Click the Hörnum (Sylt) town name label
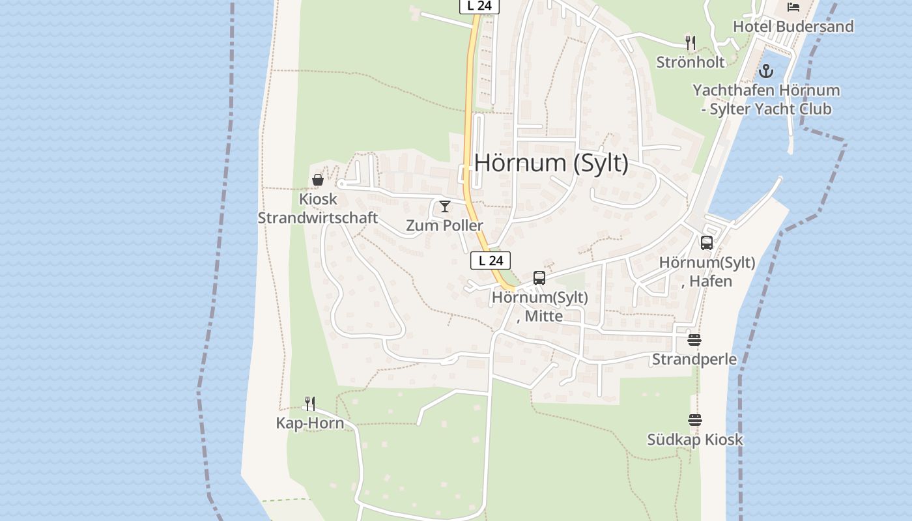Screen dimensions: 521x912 pos(551,163)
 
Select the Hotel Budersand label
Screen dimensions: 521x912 pos(793,27)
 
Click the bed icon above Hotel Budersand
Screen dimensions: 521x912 pos(793,7)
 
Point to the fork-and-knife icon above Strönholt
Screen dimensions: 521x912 pos(691,43)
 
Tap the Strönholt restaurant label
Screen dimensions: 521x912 pos(691,63)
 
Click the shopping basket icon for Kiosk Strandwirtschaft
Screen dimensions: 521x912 pos(318,180)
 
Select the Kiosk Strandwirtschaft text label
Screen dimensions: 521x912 pos(318,208)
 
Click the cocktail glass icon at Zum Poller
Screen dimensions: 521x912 pos(445,207)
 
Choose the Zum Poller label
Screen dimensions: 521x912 pos(445,226)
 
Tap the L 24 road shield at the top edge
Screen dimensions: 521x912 pos(479,6)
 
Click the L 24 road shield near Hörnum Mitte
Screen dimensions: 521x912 pos(491,260)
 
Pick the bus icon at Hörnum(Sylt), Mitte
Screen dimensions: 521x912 pos(539,278)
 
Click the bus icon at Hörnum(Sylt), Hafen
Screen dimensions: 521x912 pos(707,243)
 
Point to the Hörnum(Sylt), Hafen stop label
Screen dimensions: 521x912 pos(707,272)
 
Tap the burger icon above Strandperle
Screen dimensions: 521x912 pos(694,340)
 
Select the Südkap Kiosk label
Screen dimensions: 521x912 pos(694,440)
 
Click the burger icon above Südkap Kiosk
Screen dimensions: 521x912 pos(695,420)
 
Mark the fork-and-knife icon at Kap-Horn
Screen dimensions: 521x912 pos(310,404)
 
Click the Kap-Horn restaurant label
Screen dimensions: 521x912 pos(310,423)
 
